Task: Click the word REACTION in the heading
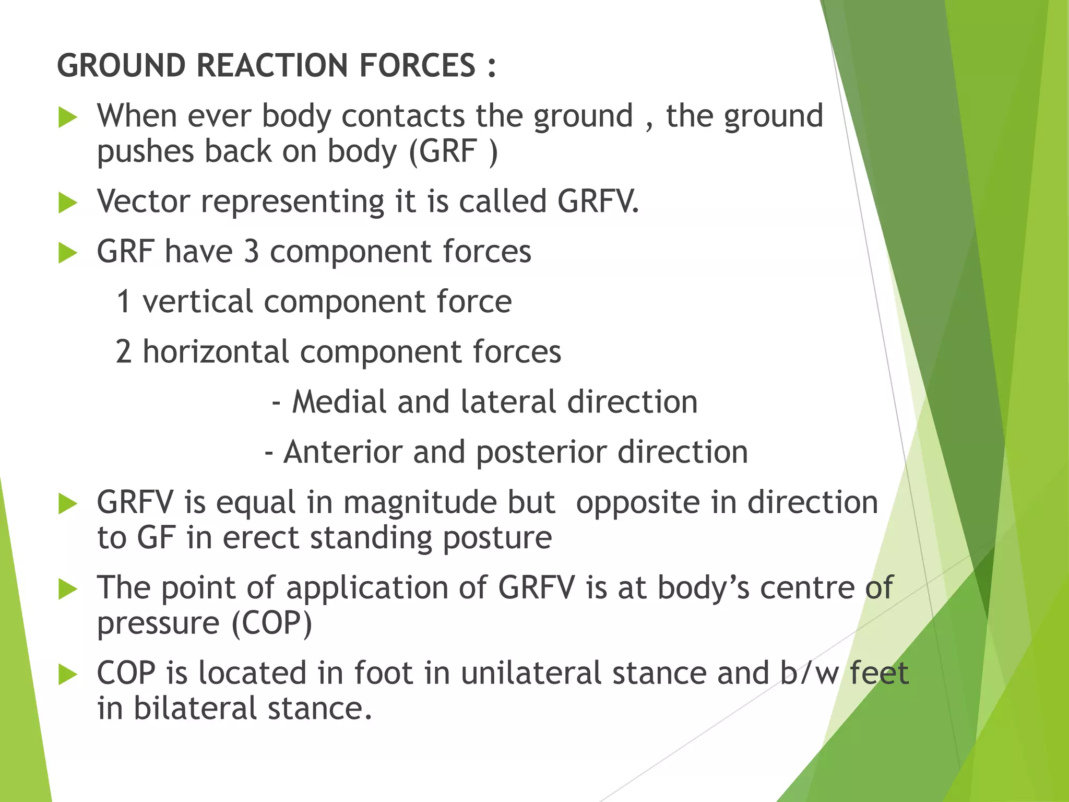point(272,66)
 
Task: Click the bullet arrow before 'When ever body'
point(68,117)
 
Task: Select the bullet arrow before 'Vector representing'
point(68,203)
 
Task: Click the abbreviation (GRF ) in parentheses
point(453,152)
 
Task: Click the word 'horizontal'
point(216,352)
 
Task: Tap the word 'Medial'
point(339,402)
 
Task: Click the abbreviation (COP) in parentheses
point(271,623)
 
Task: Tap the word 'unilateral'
point(531,674)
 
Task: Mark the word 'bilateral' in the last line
point(195,709)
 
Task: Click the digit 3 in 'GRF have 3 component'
point(251,252)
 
